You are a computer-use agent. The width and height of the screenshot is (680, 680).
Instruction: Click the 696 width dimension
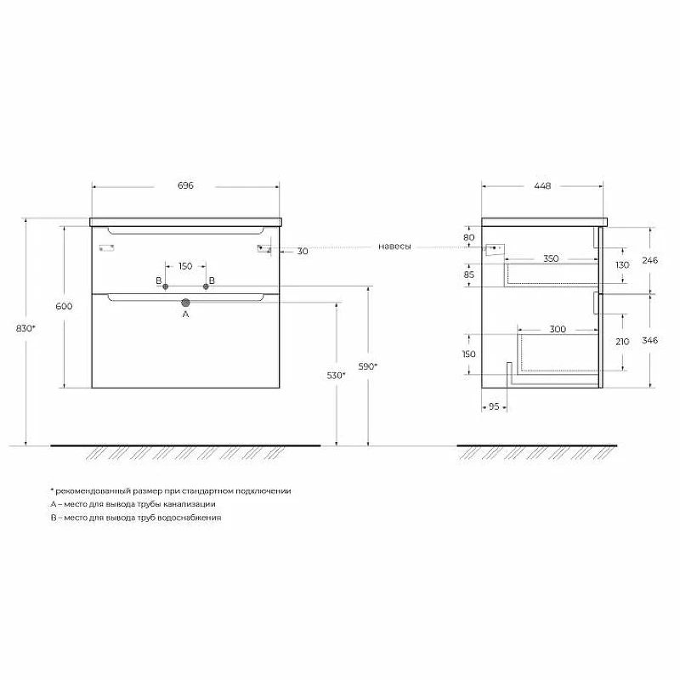click(185, 185)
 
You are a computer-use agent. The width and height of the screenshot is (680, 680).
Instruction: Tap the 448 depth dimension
click(542, 185)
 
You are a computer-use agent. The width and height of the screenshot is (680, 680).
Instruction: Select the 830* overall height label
click(25, 328)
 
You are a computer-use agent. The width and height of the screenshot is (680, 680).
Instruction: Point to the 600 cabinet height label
click(64, 306)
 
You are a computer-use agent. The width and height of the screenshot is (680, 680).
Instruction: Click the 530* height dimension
click(336, 375)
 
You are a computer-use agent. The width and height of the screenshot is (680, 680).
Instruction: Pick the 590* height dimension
click(368, 366)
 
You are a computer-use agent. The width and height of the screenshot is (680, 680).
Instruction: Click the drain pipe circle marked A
click(185, 303)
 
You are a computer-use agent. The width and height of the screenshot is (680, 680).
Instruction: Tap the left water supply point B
click(165, 286)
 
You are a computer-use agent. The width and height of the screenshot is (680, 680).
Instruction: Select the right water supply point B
click(206, 286)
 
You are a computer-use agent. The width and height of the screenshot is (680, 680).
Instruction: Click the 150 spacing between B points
click(185, 266)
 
